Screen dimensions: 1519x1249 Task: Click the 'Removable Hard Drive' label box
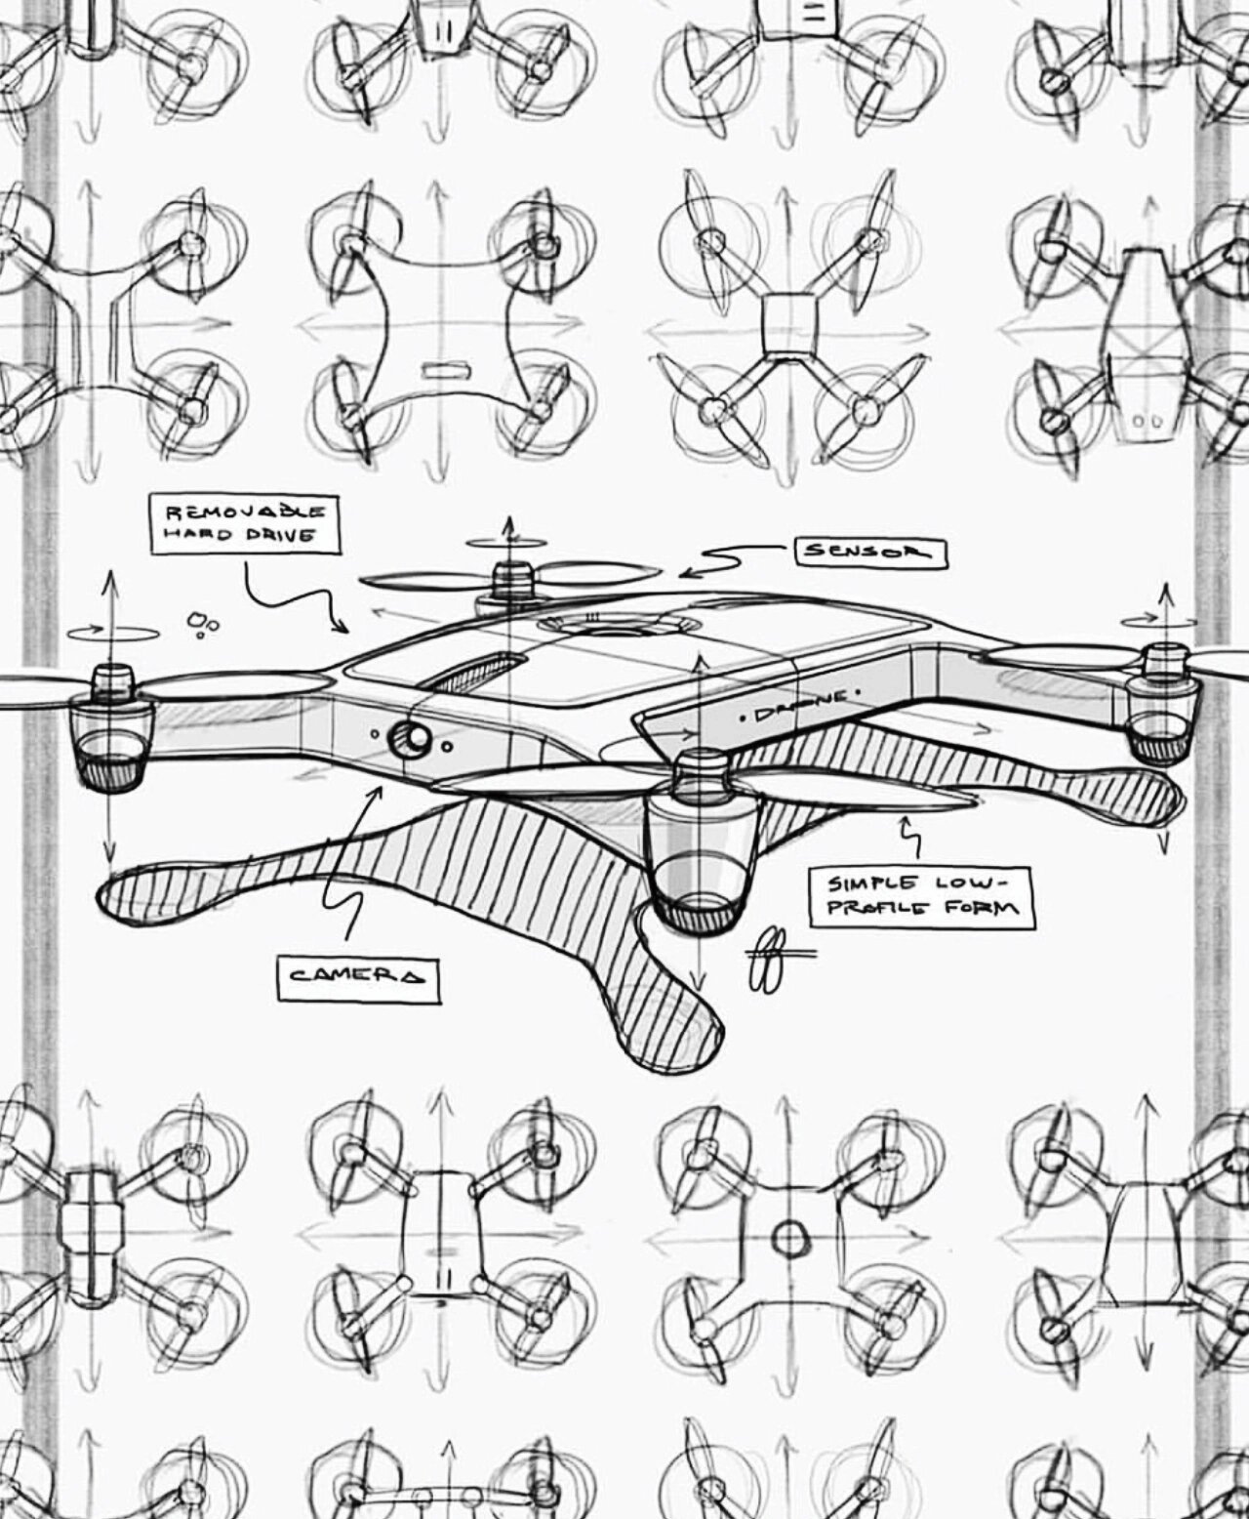pos(245,524)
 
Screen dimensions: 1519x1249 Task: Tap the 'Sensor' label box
pos(871,553)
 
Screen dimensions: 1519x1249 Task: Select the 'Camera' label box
pos(358,975)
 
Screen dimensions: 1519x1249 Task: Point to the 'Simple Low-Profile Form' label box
pos(921,896)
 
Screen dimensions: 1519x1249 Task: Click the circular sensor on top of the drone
pos(618,624)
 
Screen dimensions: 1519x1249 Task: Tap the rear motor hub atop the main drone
pos(509,583)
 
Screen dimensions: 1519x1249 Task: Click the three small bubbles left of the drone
pos(203,623)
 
